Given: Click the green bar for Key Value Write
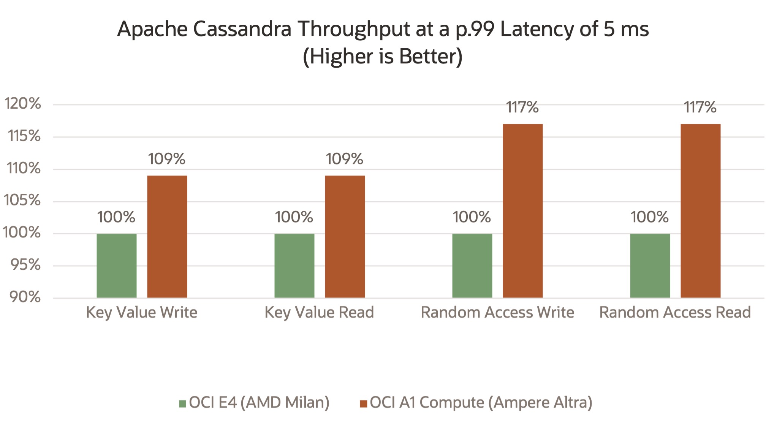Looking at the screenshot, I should coord(116,266).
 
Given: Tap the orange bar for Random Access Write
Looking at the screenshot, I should coord(522,211).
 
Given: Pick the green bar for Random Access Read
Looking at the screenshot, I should coord(650,266).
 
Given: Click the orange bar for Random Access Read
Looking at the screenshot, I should coord(700,211).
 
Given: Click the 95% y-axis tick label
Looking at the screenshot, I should coord(25,265).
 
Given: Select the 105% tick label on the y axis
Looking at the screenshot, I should coord(22,200).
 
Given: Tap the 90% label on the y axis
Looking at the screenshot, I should coord(25,297).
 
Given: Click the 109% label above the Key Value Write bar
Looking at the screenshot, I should coord(166,159).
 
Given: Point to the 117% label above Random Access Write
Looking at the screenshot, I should coord(522,107).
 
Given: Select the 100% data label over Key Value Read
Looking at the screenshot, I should coord(294,217).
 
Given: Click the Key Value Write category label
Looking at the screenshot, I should coord(142,313).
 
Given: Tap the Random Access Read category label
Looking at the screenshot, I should coord(675,313).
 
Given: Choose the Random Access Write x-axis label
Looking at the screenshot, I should coord(497,313).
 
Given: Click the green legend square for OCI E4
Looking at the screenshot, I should coord(182,403).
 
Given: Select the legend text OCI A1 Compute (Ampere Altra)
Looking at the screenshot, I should coord(481,403).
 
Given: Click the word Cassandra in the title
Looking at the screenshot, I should coord(242,29).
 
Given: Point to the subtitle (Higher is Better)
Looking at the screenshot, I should coord(383,56).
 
